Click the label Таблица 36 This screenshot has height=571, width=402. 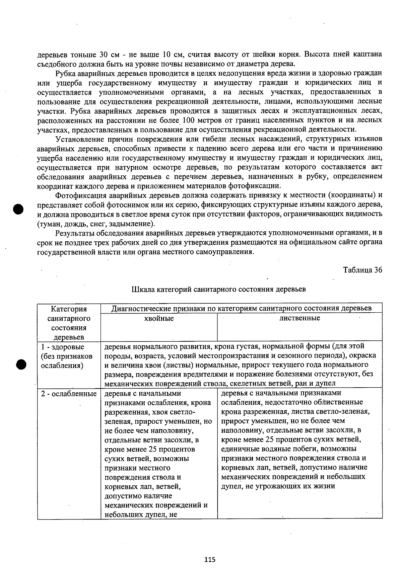click(x=362, y=270)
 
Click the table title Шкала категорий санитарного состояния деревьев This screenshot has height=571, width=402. click(x=219, y=289)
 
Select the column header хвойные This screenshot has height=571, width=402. click(x=159, y=318)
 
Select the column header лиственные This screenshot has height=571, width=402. click(x=299, y=318)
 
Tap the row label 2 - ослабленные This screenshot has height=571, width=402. click(x=69, y=394)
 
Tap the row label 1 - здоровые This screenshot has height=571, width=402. click(x=63, y=347)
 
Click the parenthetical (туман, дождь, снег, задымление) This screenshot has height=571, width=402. click(x=96, y=223)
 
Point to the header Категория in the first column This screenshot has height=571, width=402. click(x=69, y=309)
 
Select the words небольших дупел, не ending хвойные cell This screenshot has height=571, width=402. click(x=141, y=514)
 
